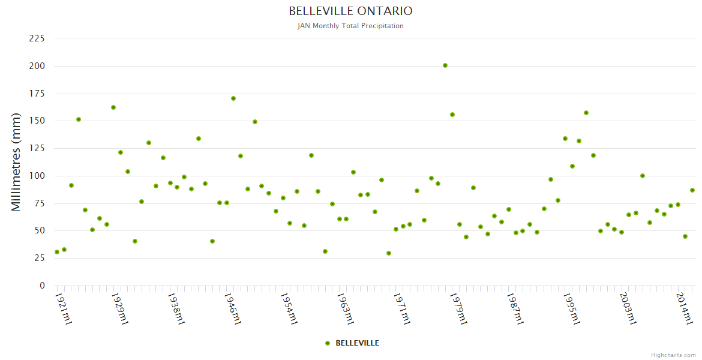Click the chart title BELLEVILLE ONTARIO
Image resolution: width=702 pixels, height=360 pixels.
350,11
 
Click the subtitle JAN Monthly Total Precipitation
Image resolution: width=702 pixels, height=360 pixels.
350,26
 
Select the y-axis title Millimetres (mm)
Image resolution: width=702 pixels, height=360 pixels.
16,162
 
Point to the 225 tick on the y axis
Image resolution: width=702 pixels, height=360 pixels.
37,38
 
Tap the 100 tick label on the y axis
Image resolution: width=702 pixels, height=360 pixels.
37,176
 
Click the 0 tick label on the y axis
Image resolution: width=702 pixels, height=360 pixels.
42,286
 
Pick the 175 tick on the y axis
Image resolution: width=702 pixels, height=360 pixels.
37,94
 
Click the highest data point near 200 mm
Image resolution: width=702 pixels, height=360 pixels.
445,65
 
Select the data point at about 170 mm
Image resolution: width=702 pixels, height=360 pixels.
233,98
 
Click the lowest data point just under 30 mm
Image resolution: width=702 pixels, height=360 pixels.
389,253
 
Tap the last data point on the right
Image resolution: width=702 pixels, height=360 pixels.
692,190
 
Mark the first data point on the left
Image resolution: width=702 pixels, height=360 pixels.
57,252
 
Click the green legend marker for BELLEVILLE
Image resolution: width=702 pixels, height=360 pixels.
328,343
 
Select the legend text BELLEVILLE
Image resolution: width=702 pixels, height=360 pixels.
357,343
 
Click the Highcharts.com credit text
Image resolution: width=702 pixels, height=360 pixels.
673,355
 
